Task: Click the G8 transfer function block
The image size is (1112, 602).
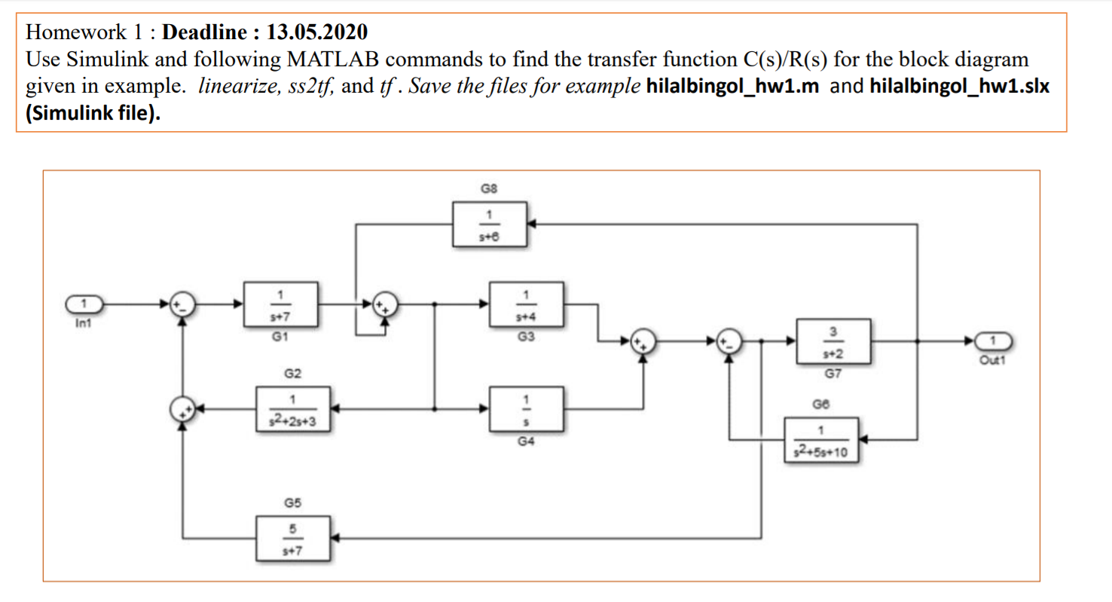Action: coord(490,224)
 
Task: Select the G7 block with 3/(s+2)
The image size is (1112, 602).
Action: coord(833,342)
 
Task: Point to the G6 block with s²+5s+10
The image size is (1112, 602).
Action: coord(822,441)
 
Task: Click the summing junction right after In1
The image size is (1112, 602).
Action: coord(182,304)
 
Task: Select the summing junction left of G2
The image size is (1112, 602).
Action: coord(182,409)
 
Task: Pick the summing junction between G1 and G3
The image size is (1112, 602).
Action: coord(386,304)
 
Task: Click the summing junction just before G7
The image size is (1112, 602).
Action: coord(728,342)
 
